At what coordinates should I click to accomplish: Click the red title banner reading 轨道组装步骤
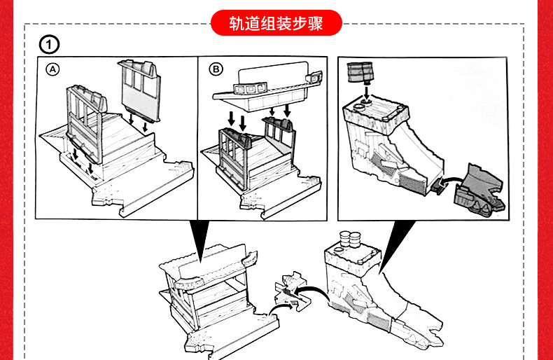(276, 22)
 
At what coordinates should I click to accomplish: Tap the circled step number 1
(49, 46)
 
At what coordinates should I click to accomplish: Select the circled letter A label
(53, 69)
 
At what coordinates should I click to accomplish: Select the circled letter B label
(216, 69)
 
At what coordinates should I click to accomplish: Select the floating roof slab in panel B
(269, 83)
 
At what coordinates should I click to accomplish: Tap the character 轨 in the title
(235, 22)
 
